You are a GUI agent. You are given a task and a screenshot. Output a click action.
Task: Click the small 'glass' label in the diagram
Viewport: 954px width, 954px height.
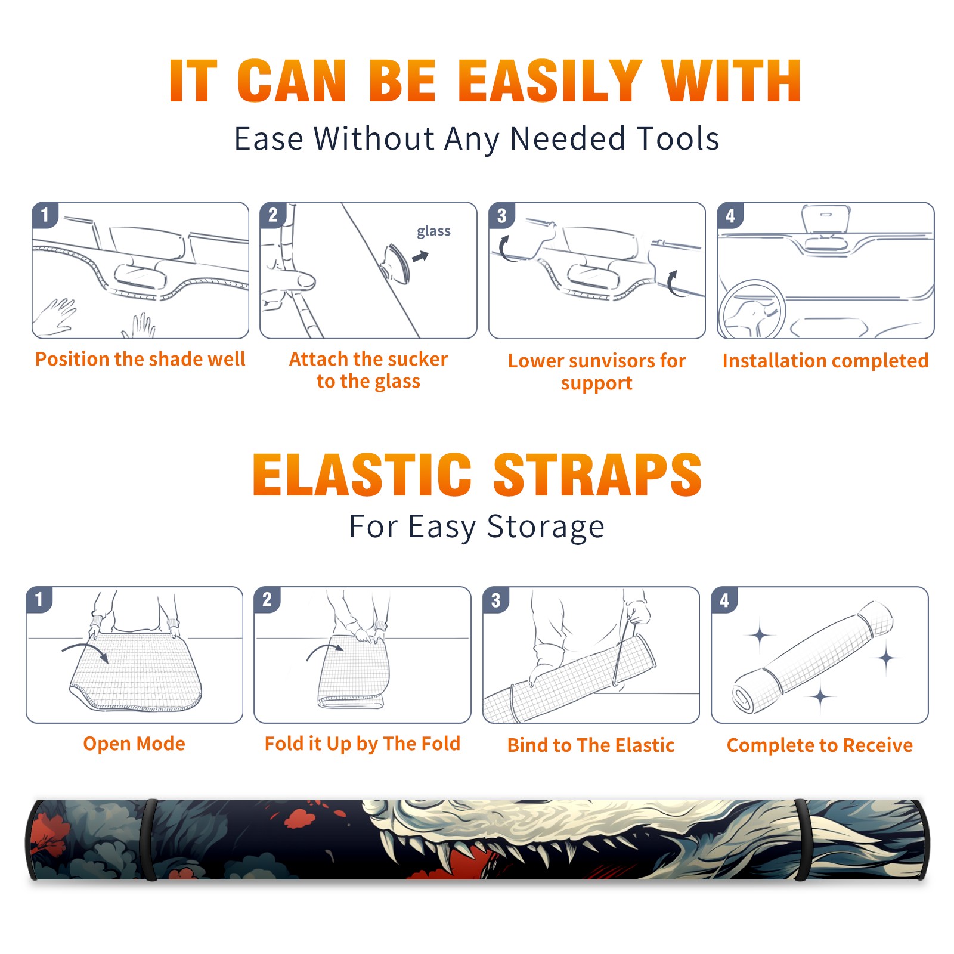click(x=433, y=231)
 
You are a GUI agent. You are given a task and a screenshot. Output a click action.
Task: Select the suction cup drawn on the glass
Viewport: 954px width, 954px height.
click(x=395, y=264)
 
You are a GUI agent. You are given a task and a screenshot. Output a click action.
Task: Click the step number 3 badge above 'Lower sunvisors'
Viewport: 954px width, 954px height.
click(x=501, y=215)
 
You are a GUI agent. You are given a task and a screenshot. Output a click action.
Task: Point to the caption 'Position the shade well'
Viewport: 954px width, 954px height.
click(x=140, y=360)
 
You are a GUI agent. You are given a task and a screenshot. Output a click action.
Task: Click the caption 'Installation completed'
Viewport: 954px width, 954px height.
click(x=825, y=361)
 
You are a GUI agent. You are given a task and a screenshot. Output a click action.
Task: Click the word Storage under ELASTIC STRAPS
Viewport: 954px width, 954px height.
click(x=546, y=527)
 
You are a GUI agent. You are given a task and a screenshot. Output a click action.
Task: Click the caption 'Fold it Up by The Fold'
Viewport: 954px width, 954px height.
click(x=363, y=744)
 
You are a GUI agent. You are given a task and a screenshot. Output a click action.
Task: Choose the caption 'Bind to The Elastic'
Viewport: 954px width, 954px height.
click(x=591, y=745)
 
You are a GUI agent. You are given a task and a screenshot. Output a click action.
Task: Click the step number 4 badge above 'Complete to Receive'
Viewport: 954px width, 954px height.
click(x=724, y=600)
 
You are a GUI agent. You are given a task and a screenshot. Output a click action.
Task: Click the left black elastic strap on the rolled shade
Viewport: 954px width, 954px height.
click(x=150, y=840)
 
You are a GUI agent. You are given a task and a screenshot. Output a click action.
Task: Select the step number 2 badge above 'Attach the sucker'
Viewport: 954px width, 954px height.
click(x=273, y=215)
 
